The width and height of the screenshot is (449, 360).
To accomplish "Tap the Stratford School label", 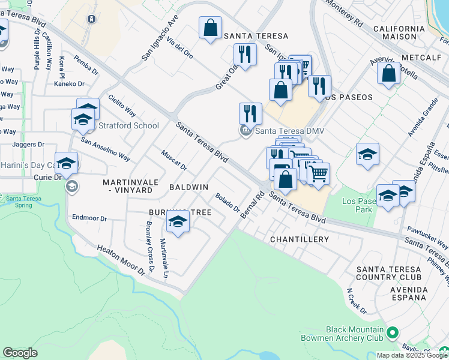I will [128, 126].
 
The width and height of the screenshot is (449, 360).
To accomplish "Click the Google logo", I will [20, 353].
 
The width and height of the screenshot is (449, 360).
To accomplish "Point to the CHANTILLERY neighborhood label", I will [300, 239].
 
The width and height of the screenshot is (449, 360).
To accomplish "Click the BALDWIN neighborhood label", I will [188, 187].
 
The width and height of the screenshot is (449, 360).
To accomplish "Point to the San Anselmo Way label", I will [106, 149].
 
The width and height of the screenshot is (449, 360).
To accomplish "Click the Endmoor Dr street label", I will [89, 218].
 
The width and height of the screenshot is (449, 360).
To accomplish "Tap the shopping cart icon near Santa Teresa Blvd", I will [319, 173].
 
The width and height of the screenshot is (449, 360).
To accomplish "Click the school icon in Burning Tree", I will [178, 222].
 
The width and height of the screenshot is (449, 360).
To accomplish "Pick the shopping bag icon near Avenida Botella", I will [389, 74].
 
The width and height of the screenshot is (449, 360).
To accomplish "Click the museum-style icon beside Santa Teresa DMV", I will [246, 131].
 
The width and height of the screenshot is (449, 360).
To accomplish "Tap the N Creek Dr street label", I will [356, 302].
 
